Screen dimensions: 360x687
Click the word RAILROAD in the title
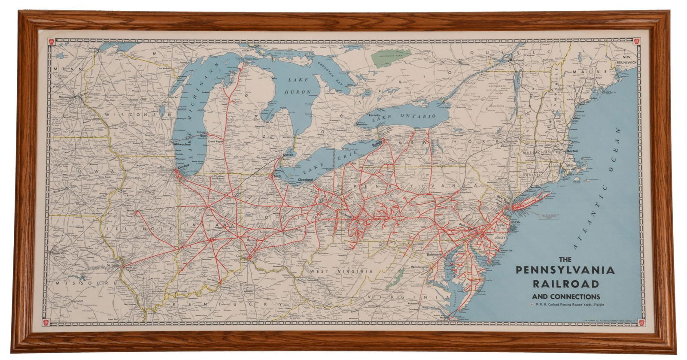click(566, 284)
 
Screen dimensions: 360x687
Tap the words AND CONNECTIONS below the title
click(566, 296)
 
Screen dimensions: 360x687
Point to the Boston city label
click(572, 151)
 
